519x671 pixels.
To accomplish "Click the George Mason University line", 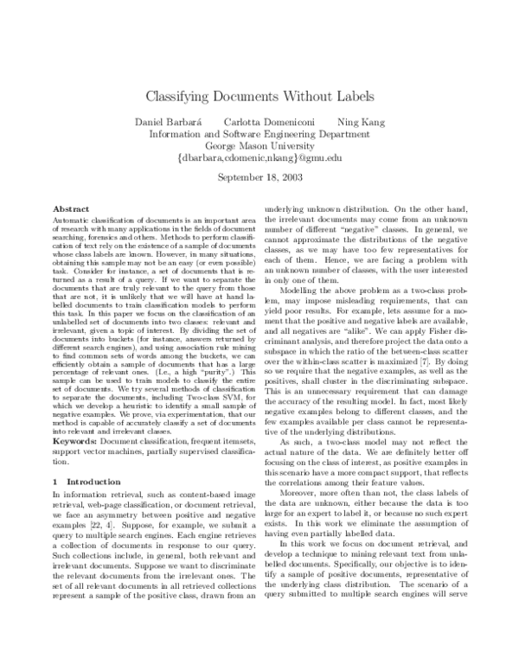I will (259, 146).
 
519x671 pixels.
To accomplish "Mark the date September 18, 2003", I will (259, 180).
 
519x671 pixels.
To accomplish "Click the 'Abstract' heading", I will (71, 209).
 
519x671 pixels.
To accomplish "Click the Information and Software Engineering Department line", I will (259, 134).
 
